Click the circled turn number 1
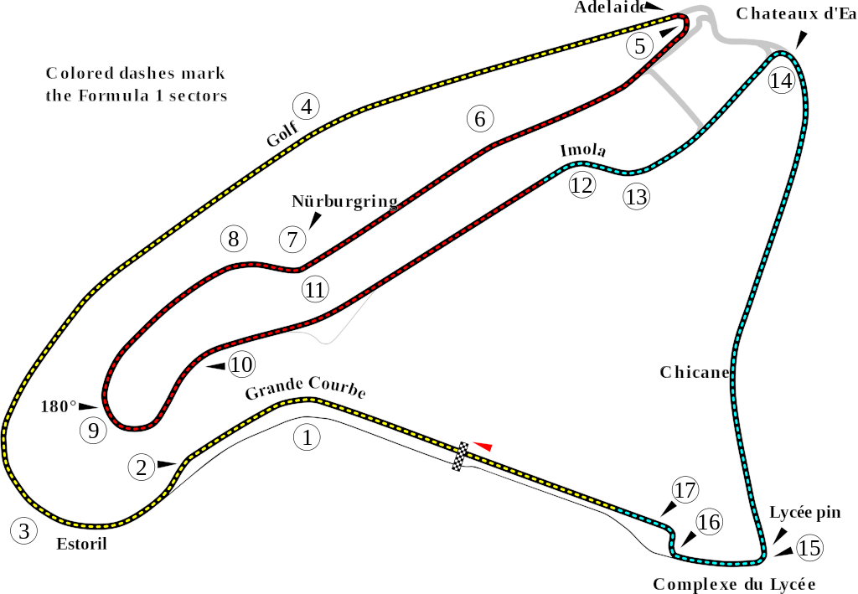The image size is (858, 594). pyautogui.click(x=307, y=437)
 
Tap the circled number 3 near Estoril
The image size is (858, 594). pyautogui.click(x=24, y=530)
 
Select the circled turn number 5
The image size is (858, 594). pyautogui.click(x=640, y=46)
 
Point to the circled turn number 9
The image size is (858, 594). pyautogui.click(x=94, y=431)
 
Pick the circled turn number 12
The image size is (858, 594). pyautogui.click(x=581, y=185)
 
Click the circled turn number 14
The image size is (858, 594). pyautogui.click(x=781, y=80)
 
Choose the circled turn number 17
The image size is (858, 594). pyautogui.click(x=685, y=490)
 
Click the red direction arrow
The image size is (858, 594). pyautogui.click(x=483, y=446)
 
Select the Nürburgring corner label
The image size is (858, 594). pyautogui.click(x=344, y=201)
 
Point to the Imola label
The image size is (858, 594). pyautogui.click(x=583, y=151)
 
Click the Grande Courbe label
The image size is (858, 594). pyautogui.click(x=305, y=388)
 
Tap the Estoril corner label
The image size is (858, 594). pyautogui.click(x=81, y=544)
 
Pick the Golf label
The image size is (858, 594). pyautogui.click(x=283, y=133)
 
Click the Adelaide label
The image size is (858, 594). pyautogui.click(x=610, y=7)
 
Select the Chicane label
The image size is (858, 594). pyautogui.click(x=695, y=373)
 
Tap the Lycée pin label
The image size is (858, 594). pyautogui.click(x=805, y=513)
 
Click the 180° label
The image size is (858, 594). pyautogui.click(x=59, y=406)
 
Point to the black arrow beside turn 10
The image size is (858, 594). pyautogui.click(x=214, y=366)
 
